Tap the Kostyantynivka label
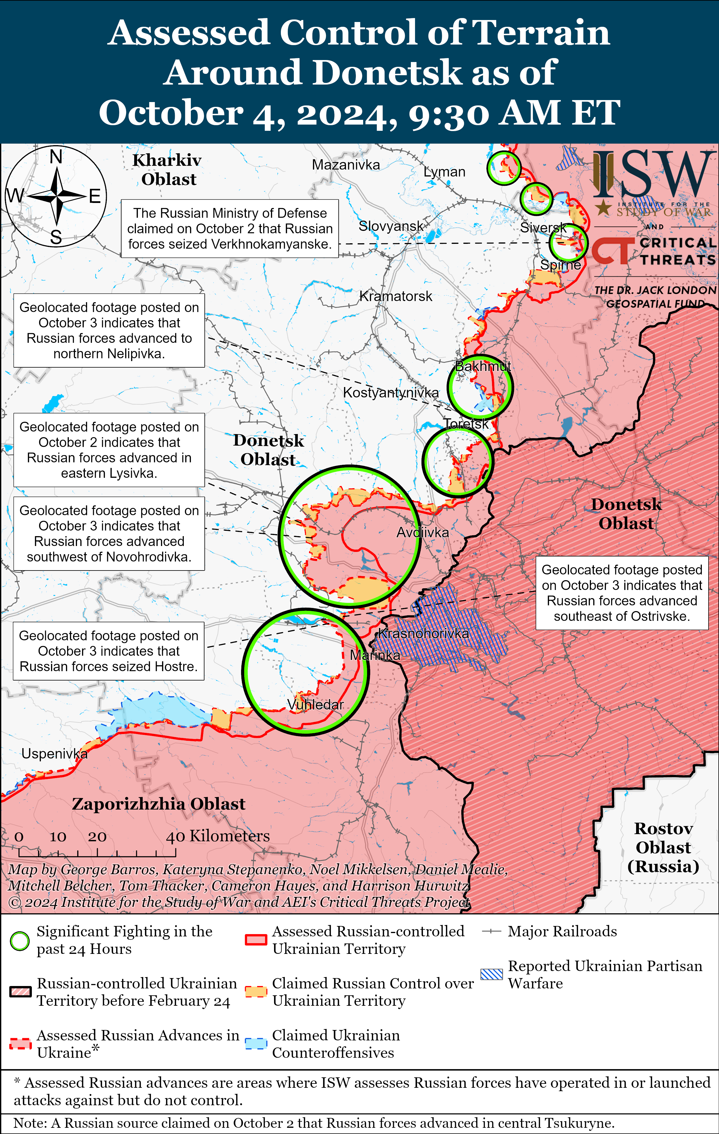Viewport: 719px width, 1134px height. pyautogui.click(x=390, y=392)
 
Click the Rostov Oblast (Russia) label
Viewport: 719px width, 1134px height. pyautogui.click(x=663, y=847)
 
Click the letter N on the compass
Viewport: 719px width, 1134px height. pyautogui.click(x=56, y=156)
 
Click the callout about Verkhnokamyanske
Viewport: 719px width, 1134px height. pyautogui.click(x=230, y=228)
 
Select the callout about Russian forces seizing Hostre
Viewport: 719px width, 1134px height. pyautogui.click(x=108, y=651)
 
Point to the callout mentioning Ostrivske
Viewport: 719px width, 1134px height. pyautogui.click(x=621, y=593)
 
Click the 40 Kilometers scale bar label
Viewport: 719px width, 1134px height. pyautogui.click(x=218, y=836)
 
